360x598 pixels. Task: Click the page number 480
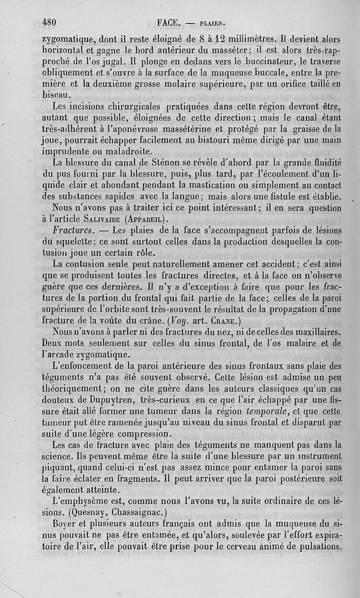pos(52,21)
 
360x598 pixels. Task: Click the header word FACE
pos(169,21)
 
